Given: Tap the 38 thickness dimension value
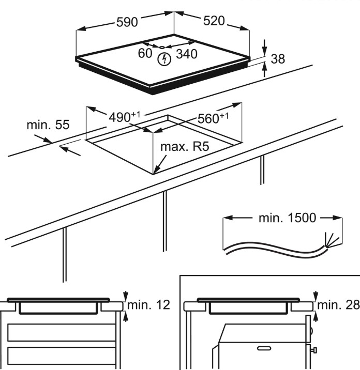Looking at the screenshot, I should (x=278, y=59).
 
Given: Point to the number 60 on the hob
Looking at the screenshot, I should (x=145, y=53).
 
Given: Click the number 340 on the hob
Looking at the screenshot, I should (x=186, y=54).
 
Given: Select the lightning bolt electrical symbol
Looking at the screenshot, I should (x=164, y=60).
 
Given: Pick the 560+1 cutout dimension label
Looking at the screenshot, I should (x=213, y=118).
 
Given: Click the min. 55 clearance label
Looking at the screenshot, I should (x=48, y=125).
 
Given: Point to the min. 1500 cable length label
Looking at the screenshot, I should (x=287, y=218).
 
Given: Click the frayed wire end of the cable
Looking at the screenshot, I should (x=328, y=239).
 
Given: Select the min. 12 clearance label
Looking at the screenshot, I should (x=151, y=305).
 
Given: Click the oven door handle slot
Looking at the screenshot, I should (x=264, y=349).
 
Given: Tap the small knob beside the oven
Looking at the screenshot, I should (x=314, y=350).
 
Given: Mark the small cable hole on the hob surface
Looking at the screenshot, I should (x=162, y=47).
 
